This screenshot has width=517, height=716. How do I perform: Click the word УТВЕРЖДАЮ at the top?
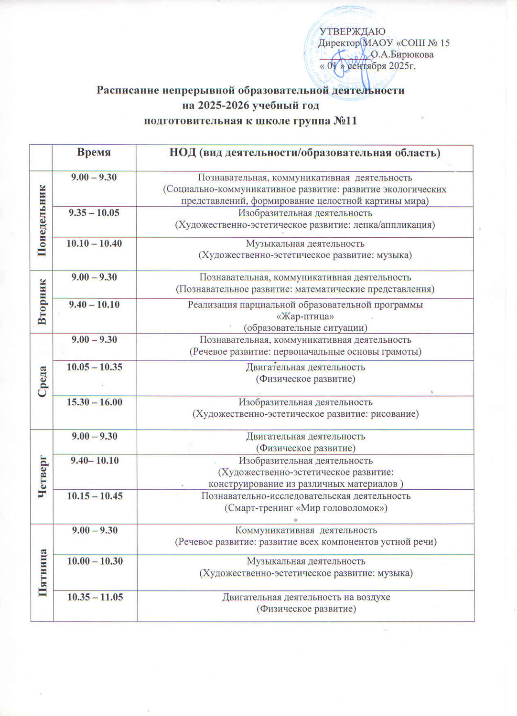(352, 32)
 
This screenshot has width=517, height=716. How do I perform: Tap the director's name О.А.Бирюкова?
(402, 54)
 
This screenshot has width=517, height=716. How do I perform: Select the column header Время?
(94, 152)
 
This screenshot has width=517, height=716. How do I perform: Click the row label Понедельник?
(42, 220)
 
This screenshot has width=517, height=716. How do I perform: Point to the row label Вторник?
(42, 302)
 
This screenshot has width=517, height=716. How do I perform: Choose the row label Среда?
(42, 381)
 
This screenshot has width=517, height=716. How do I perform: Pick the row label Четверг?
(43, 476)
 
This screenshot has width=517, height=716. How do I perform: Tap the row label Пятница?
(43, 573)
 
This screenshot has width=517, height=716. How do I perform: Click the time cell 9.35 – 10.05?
(94, 213)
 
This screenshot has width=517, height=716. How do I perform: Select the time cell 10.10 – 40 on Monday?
(94, 244)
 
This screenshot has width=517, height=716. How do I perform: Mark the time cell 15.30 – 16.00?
(95, 402)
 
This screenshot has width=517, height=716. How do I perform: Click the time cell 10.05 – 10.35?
(95, 367)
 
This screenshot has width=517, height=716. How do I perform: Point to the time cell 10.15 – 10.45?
(95, 496)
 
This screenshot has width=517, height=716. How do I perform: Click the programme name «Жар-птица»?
(305, 316)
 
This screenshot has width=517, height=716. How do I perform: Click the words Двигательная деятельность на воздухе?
(306, 597)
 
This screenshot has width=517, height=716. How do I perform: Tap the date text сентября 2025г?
(382, 66)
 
